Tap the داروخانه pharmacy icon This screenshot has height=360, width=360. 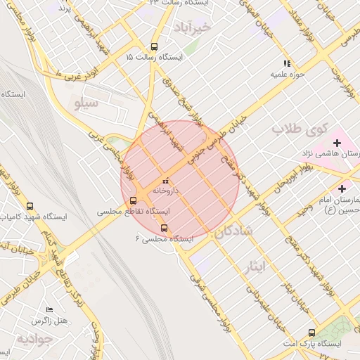pos(166,181)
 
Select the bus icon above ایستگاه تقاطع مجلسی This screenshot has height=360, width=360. pos(134,200)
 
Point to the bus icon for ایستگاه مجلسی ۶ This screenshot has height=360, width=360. pos(165,228)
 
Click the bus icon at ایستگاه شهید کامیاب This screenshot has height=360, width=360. pos(30,207)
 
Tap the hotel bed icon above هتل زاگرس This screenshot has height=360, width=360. pos(49,310)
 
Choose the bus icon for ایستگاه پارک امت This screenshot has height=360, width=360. pos(311,333)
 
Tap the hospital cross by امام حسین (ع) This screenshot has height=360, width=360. pos(342,188)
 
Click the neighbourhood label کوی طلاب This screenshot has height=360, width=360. pos(301,130)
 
